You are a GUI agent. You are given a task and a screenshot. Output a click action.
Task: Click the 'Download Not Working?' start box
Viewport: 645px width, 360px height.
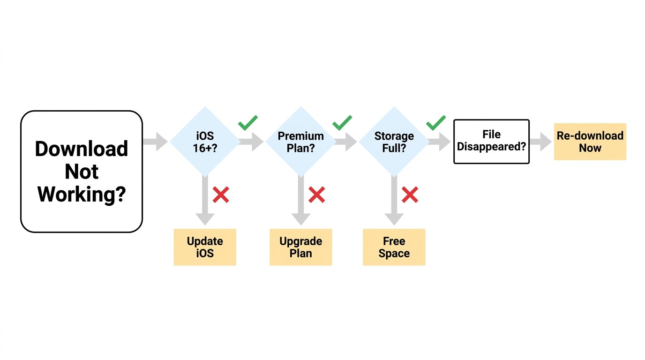tap(82, 172)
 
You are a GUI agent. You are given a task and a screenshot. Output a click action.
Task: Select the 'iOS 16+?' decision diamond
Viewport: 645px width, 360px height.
tap(205, 142)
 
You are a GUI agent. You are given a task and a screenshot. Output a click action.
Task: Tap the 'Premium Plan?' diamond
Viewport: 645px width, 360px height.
tap(301, 142)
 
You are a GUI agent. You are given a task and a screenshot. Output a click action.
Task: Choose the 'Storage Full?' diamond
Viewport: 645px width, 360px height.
tap(394, 142)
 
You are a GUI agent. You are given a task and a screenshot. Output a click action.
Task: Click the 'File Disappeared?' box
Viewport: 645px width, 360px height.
tap(492, 142)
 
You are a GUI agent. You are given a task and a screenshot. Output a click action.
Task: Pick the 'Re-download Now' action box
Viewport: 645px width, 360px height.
tap(590, 142)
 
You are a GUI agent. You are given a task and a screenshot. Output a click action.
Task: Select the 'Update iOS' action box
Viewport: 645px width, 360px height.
tap(205, 247)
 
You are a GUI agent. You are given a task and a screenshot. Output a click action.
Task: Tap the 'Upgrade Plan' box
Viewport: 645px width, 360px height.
tap(301, 247)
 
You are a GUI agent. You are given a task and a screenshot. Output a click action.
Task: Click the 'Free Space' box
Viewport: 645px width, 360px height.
tap(394, 247)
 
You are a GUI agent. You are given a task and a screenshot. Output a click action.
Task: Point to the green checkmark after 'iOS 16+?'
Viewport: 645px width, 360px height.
tap(247, 123)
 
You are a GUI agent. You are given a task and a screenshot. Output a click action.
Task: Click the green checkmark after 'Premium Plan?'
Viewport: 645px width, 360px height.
tap(342, 123)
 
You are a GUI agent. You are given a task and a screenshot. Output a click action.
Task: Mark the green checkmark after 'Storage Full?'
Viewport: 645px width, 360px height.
tap(435, 123)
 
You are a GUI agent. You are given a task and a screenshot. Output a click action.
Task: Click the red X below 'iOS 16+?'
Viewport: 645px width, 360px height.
tap(221, 195)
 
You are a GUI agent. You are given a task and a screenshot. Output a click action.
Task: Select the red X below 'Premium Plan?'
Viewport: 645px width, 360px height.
tap(317, 195)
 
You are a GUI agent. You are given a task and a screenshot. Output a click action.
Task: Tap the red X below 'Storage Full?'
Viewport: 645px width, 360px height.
tap(410, 195)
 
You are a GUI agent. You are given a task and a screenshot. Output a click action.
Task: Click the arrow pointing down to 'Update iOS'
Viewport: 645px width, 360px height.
tap(205, 200)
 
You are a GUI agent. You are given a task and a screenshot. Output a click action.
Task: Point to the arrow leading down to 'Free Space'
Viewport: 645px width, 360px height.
tap(394, 200)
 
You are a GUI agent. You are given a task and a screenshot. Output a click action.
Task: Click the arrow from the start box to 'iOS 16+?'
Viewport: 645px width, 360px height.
tap(155, 142)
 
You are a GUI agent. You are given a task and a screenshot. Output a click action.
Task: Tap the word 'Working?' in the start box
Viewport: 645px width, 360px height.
tap(82, 195)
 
